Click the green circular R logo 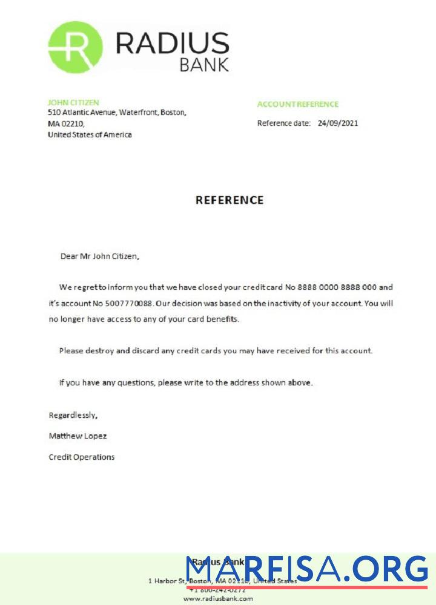75,47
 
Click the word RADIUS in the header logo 172,44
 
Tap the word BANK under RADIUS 204,65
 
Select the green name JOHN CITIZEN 73,103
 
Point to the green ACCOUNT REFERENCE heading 298,104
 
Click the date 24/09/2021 338,123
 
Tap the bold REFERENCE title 230,200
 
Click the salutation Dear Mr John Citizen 100,256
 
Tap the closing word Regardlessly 73,416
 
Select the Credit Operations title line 81,457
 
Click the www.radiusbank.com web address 218,598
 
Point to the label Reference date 283,123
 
